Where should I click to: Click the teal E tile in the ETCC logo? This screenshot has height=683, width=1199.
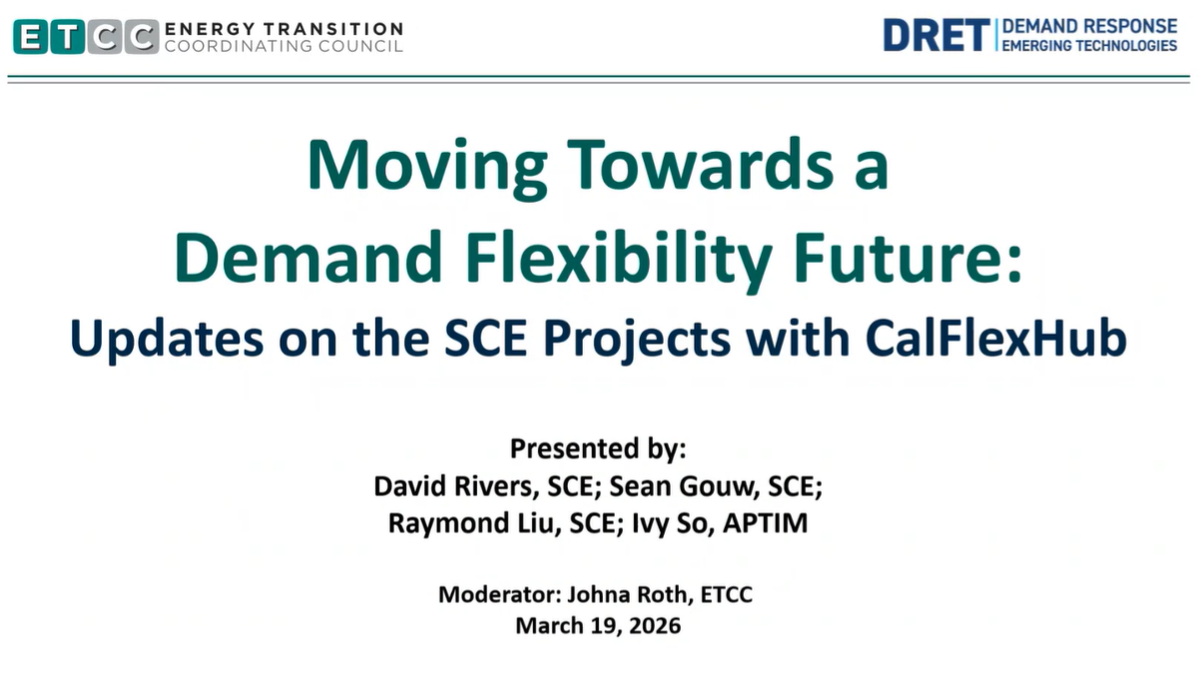click(30, 36)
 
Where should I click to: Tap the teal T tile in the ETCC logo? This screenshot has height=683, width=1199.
click(68, 36)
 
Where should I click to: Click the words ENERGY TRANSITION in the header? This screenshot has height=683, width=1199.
click(284, 28)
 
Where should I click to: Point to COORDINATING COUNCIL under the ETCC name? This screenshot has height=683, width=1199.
click(284, 46)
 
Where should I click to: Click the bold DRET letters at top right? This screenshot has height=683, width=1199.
click(936, 35)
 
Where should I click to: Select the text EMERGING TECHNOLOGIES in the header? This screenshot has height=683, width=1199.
click(1089, 46)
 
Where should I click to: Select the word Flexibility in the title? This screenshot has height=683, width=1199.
click(619, 260)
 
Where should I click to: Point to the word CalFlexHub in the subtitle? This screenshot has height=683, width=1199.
click(995, 338)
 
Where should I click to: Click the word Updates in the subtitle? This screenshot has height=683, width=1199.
click(167, 340)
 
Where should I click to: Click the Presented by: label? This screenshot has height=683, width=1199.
click(598, 448)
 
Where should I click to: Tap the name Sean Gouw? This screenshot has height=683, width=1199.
click(684, 486)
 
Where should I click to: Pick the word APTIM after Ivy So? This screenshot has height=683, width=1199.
click(766, 523)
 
